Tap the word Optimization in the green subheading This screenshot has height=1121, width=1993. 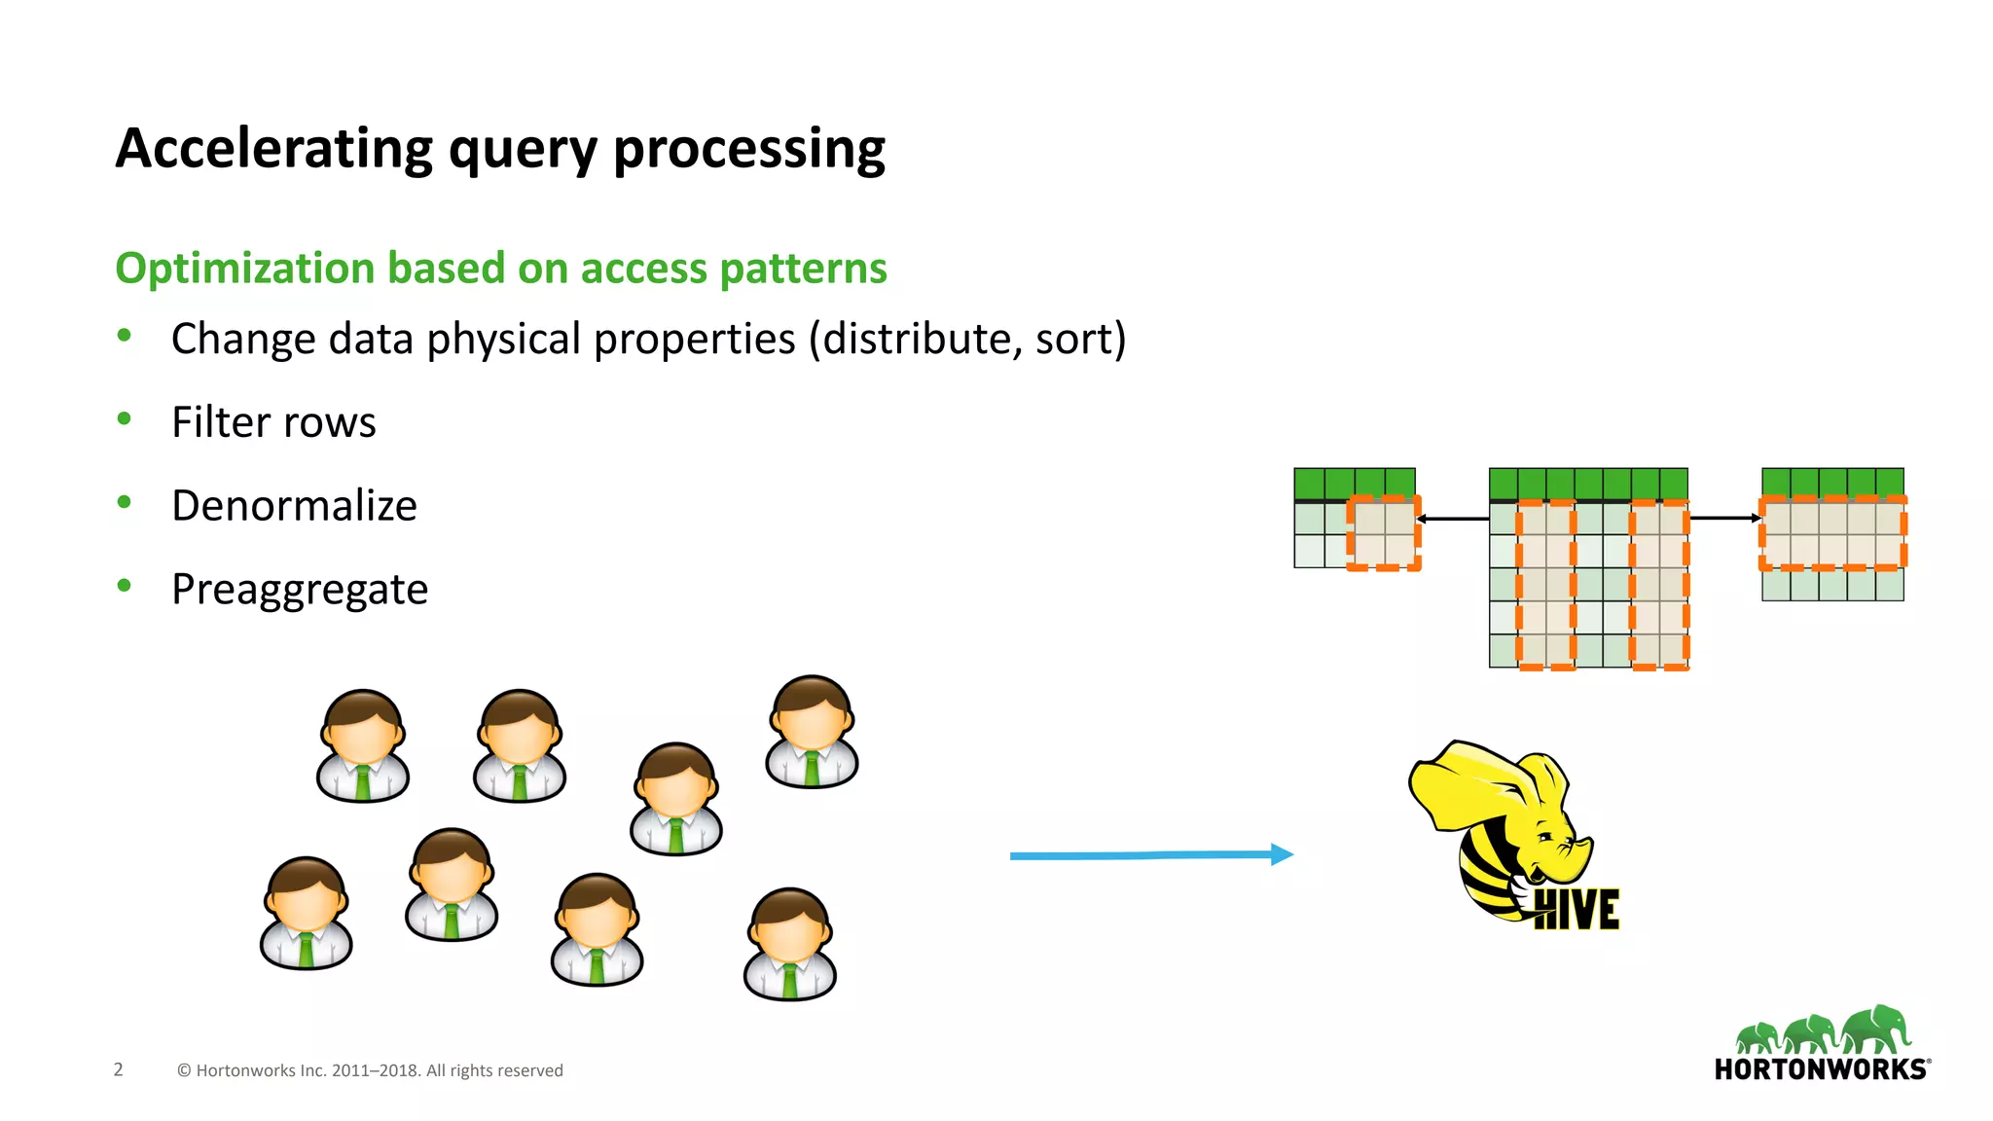(244, 269)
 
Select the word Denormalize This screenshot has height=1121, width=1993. (294, 506)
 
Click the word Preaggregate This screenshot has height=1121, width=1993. (300, 590)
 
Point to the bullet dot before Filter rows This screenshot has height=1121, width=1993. (124, 419)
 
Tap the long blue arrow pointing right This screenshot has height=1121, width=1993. (1148, 855)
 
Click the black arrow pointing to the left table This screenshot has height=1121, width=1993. (1452, 519)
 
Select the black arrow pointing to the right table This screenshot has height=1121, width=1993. (1724, 518)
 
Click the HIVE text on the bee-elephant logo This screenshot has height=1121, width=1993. (1576, 910)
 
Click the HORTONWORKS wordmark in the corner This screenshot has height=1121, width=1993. (1821, 1069)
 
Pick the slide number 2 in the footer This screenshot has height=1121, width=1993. (119, 1069)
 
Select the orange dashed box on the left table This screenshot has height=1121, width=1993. (1383, 532)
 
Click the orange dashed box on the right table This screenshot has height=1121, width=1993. (1831, 532)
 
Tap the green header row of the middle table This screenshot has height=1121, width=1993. (1588, 484)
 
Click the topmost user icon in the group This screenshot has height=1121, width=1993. (812, 732)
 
